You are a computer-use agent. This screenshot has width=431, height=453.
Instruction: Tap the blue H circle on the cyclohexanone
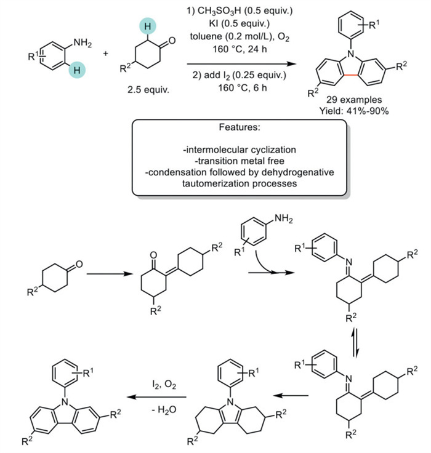[150, 24]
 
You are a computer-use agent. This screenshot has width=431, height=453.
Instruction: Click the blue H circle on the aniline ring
[78, 71]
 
